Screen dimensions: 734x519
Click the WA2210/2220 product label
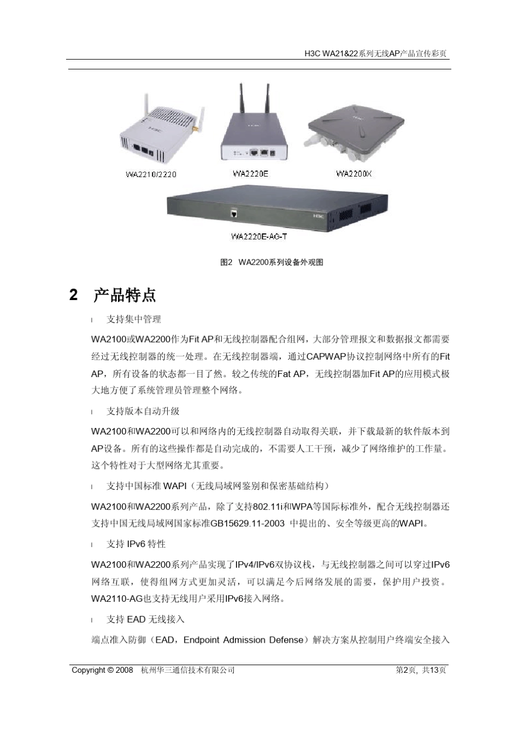151,175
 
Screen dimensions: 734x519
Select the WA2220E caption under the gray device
250,174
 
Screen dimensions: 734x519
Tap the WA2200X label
353,174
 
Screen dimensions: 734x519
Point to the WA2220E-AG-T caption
259,237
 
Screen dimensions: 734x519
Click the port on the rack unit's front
234,214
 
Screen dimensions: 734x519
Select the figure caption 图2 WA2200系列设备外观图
272,262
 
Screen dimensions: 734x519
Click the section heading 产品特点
125,296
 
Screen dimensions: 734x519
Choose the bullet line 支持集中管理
134,319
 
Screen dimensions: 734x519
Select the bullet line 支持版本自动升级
143,411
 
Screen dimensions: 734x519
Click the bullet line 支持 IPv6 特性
136,544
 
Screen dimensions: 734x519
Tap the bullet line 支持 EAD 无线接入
145,619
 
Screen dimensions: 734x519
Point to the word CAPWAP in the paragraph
326,357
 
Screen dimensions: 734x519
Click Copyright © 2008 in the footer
102,670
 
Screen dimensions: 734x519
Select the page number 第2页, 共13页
421,670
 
